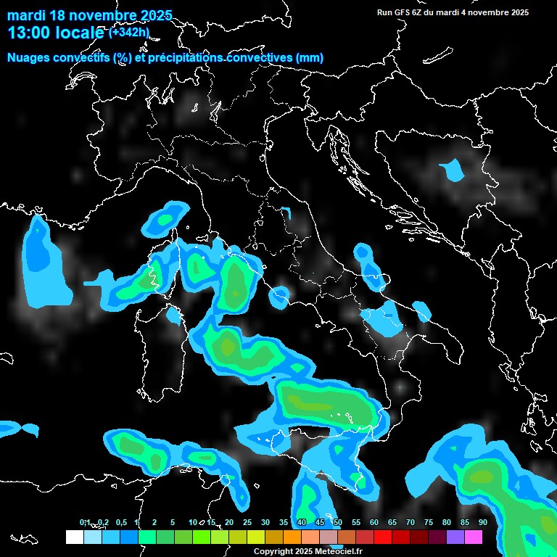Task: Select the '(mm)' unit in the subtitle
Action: [x=310, y=58]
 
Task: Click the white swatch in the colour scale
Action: [x=74, y=537]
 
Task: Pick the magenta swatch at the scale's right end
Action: [x=474, y=537]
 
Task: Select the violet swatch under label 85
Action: [x=455, y=537]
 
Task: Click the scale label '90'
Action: [x=482, y=522]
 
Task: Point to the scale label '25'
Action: [x=247, y=522]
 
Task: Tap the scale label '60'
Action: [x=374, y=522]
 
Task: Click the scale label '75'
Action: [x=428, y=522]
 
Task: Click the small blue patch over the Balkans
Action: [x=453, y=171]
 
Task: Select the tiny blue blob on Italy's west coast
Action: [x=278, y=296]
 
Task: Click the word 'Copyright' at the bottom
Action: [x=273, y=551]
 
